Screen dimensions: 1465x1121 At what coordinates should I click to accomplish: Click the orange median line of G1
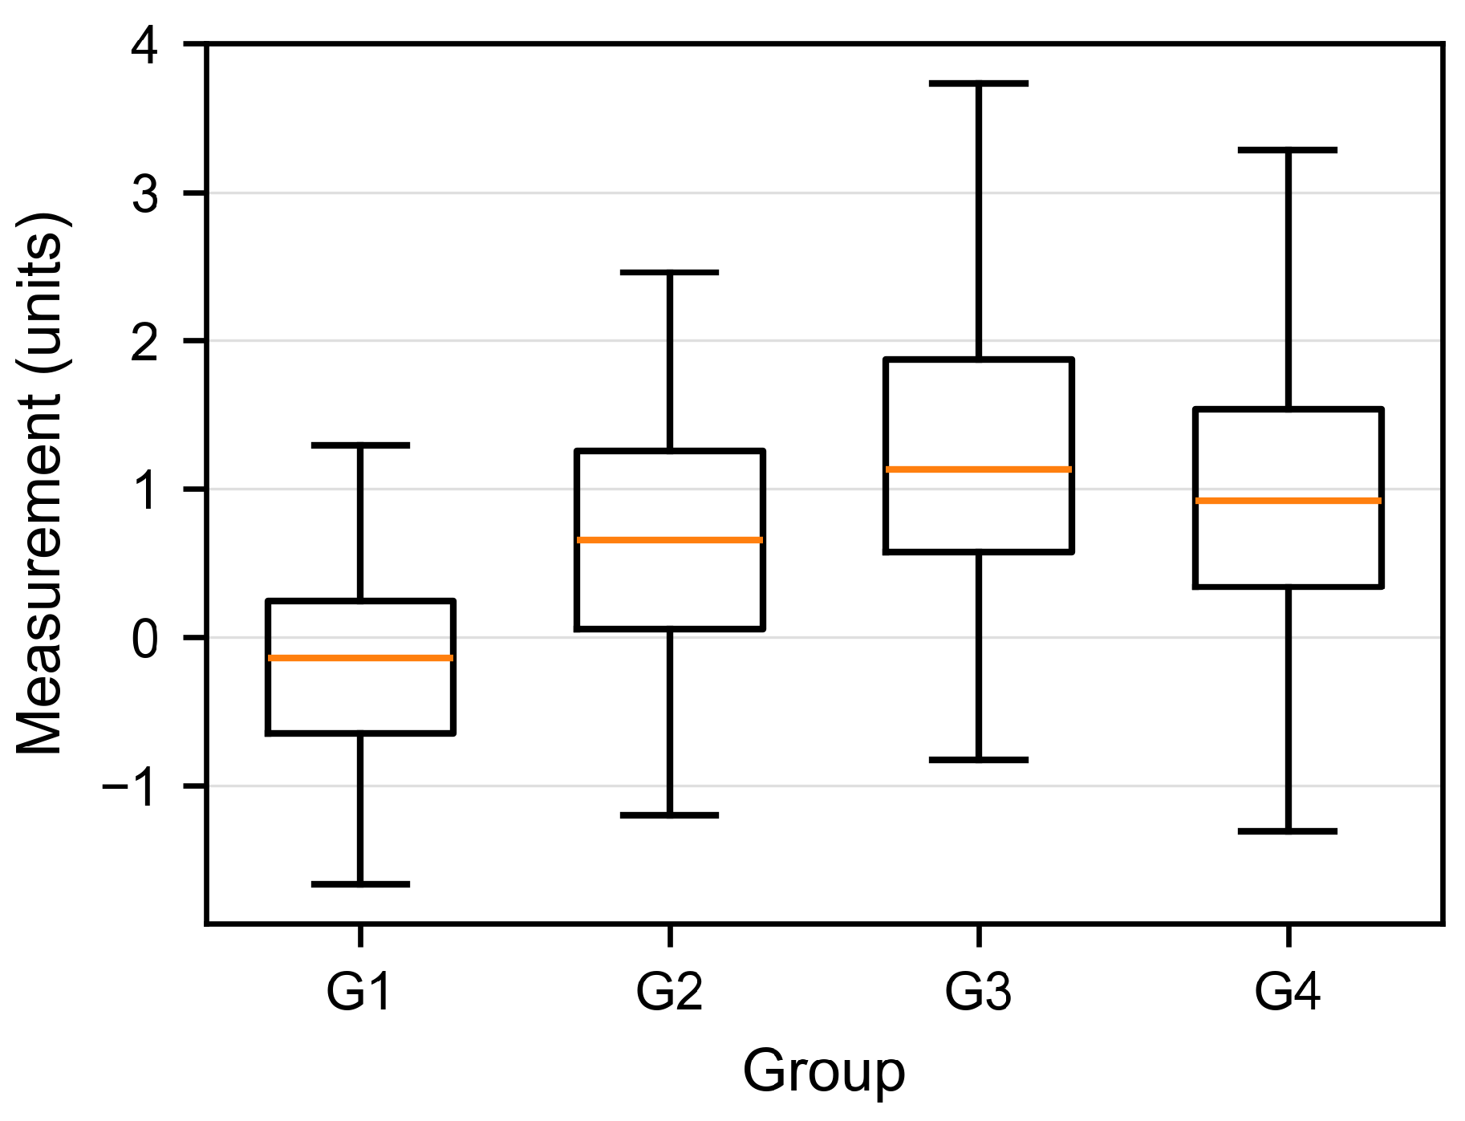[360, 658]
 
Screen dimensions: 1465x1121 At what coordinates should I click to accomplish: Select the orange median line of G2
[669, 540]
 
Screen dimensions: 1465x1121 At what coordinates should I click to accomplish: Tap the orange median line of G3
[979, 469]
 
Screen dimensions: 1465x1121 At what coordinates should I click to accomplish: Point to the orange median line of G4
[1288, 501]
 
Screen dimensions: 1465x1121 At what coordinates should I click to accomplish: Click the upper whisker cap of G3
[979, 83]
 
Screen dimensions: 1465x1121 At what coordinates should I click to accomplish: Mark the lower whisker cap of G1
[360, 884]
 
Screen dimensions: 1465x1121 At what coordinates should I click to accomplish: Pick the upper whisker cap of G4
[1288, 150]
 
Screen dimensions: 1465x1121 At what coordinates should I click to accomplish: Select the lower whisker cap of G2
[669, 815]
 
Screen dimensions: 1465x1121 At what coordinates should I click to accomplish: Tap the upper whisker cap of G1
[360, 445]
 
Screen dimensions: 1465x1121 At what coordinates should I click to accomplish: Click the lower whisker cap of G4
[1288, 831]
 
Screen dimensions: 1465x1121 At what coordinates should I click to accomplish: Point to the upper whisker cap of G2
[669, 273]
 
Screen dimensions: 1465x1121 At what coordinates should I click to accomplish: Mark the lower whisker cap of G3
[979, 759]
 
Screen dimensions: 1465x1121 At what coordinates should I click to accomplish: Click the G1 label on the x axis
[359, 991]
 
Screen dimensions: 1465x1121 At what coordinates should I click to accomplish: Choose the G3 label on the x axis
[978, 991]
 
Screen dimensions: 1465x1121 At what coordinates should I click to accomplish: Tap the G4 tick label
[1288, 991]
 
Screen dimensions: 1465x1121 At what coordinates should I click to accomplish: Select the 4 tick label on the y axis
[146, 47]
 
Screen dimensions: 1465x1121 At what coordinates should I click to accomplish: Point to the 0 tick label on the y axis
[146, 639]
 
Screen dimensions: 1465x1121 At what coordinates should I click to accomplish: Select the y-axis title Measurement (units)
[40, 484]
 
